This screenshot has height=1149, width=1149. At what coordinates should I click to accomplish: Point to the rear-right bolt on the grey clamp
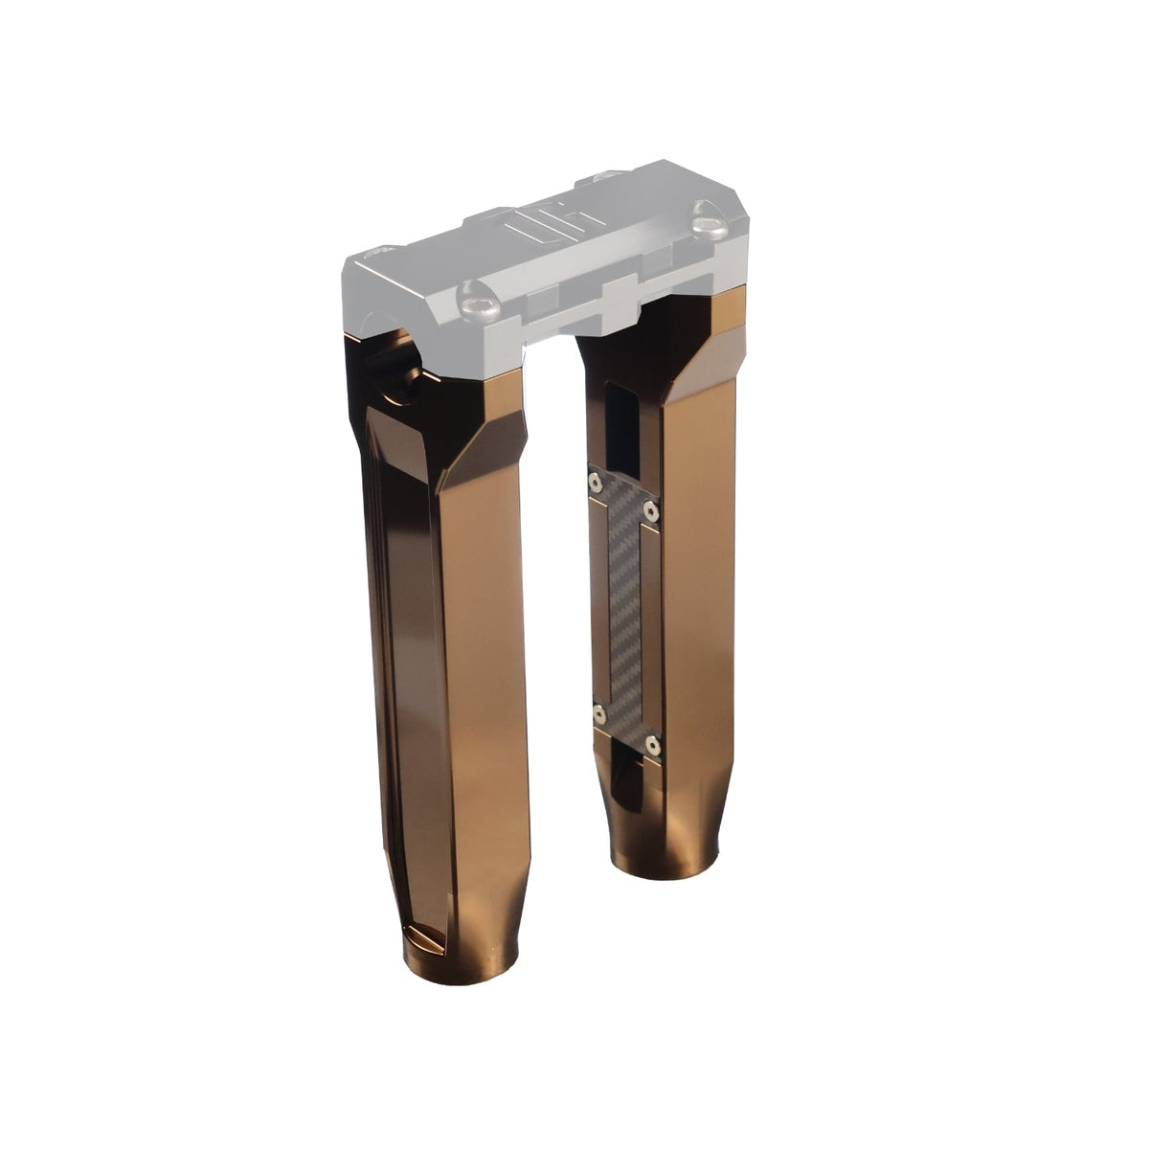(x=600, y=178)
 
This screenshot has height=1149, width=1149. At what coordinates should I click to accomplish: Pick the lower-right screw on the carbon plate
(x=653, y=742)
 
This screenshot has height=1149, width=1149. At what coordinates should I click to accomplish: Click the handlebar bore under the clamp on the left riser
(x=393, y=369)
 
